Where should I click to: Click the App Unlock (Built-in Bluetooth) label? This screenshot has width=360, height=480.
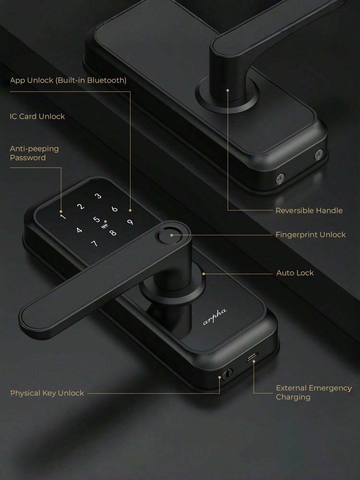(68, 80)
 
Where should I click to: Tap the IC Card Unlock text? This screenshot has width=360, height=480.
(37, 116)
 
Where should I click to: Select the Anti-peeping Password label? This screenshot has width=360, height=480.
(34, 153)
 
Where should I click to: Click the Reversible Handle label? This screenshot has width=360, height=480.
(309, 211)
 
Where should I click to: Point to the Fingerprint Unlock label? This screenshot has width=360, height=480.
(311, 235)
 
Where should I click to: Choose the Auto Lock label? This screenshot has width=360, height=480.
(295, 273)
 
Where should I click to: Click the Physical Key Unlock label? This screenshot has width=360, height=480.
(47, 393)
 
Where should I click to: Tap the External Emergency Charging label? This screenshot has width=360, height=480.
(314, 393)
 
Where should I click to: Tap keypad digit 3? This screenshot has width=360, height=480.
(98, 196)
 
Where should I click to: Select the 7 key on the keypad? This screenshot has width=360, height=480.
(94, 243)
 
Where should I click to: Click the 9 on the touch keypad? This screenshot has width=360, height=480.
(130, 222)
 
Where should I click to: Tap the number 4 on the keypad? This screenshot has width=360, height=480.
(79, 230)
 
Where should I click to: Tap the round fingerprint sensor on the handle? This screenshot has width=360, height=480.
(168, 235)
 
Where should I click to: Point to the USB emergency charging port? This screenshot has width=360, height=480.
(252, 357)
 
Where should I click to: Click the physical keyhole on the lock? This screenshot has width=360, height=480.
(227, 374)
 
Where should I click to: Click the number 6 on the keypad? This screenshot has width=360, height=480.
(115, 209)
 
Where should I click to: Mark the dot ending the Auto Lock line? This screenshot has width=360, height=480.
(204, 274)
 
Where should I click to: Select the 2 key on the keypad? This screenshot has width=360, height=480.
(81, 206)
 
